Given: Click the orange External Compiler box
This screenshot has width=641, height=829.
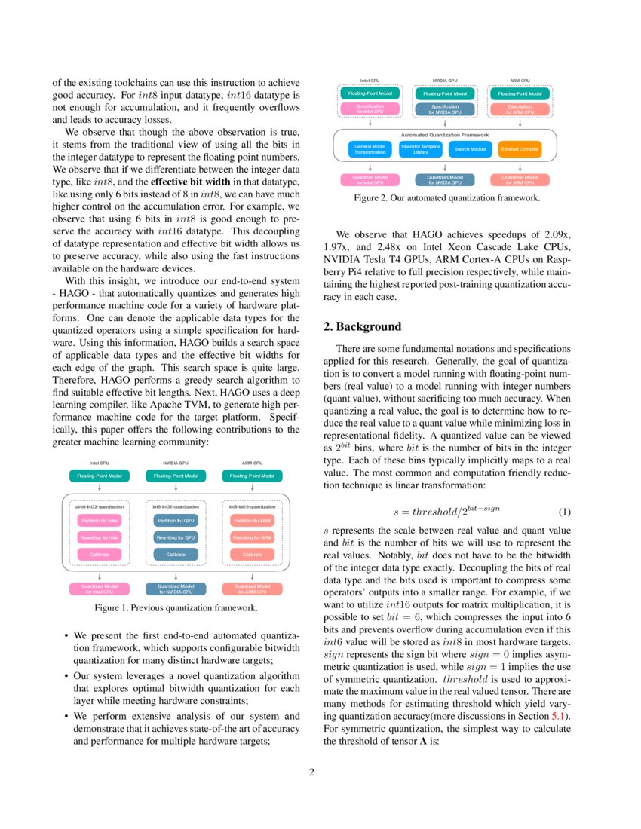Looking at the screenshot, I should click(520, 149).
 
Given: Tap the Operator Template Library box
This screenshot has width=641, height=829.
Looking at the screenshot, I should click(420, 149).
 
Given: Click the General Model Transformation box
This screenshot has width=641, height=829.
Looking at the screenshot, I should click(370, 149).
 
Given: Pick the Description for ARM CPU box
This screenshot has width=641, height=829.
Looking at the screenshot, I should click(520, 109).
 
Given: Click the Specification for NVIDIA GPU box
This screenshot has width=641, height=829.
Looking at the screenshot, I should click(445, 109).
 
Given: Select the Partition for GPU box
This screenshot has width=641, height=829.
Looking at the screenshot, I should click(175, 521).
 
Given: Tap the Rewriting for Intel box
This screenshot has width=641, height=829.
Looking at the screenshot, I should click(100, 537).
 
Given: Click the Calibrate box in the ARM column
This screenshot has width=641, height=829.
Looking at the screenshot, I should click(251, 554).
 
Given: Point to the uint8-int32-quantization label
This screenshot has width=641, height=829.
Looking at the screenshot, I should click(100, 507).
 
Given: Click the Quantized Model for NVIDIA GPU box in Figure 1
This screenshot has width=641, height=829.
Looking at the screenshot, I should click(175, 589).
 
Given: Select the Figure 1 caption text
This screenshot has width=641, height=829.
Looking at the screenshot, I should click(175, 607).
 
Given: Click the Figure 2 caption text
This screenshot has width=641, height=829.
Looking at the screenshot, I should click(446, 199).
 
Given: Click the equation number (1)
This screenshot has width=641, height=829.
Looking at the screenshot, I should click(564, 512).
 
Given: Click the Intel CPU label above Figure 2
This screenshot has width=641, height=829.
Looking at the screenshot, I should click(370, 80).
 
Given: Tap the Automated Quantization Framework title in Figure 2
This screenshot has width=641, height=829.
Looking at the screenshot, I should click(445, 134).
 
